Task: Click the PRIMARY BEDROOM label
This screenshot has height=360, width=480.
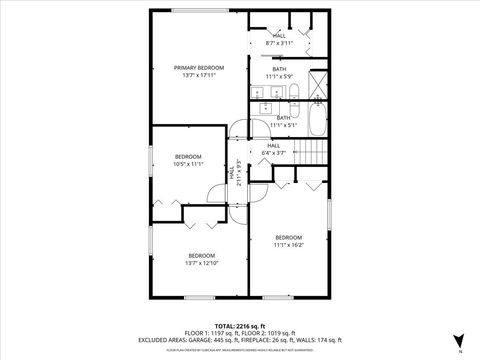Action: tap(196, 67)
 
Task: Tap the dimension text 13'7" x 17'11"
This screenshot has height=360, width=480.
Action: tap(196, 76)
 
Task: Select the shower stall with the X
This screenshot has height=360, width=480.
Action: tap(318, 86)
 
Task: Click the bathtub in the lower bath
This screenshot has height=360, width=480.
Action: tap(316, 123)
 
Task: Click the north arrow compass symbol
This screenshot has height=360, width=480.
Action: tap(459, 339)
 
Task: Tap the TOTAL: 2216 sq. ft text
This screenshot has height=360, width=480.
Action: tap(239, 325)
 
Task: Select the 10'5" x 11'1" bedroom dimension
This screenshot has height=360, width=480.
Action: tap(188, 165)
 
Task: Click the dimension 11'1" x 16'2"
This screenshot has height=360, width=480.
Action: tap(288, 244)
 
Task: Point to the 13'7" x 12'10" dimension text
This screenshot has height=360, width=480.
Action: tap(201, 263)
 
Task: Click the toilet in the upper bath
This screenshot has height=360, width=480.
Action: tap(295, 96)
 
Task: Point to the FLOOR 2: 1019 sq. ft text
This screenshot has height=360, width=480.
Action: tap(269, 332)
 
